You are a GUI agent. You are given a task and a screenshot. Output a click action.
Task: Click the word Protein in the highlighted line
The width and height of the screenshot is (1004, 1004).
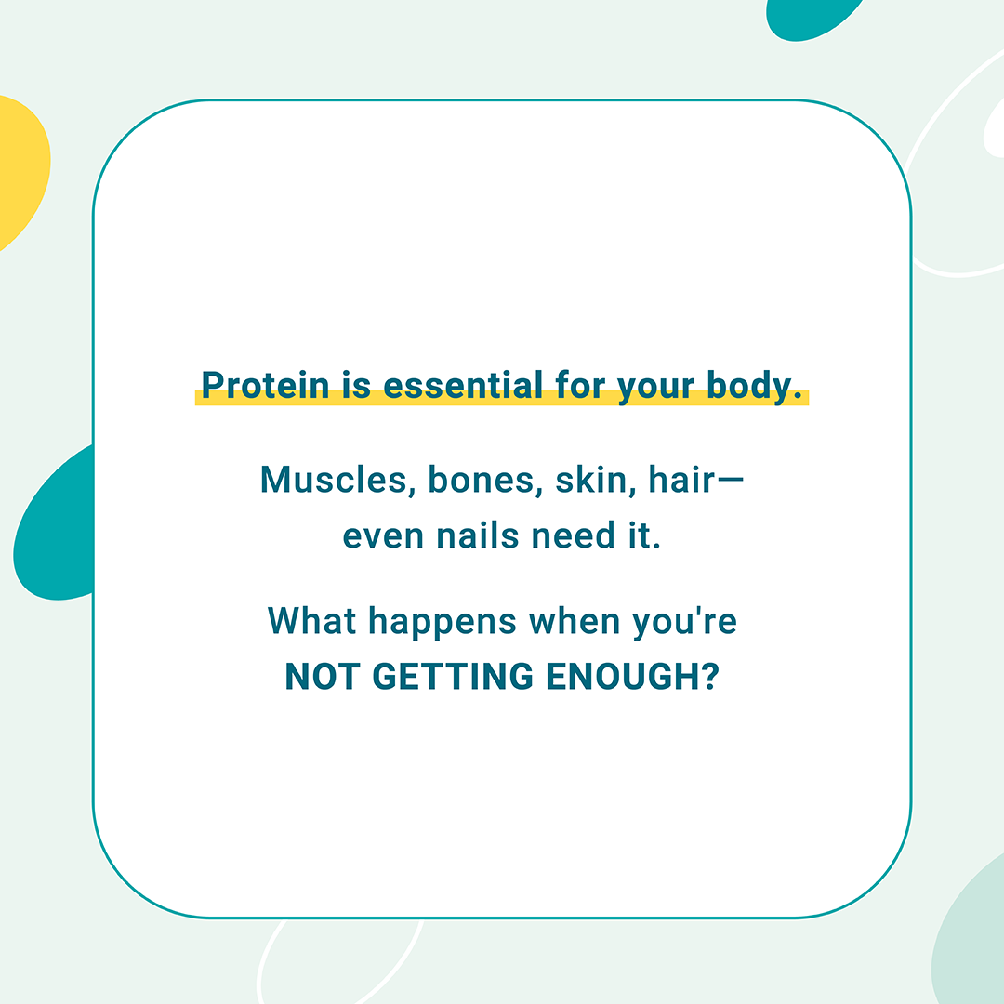[x=265, y=385]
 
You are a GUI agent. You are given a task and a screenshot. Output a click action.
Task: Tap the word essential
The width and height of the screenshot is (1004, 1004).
[x=463, y=385]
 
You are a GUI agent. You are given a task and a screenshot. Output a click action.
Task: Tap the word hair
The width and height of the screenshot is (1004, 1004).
[x=681, y=480]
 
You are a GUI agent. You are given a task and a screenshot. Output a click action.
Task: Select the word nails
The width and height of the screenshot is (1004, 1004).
[x=477, y=535]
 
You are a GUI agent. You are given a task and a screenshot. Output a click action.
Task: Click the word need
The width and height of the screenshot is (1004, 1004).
[x=573, y=535]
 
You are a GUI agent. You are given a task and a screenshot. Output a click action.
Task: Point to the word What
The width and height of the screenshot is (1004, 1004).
[x=311, y=620]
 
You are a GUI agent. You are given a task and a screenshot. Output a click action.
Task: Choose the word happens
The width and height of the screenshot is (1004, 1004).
[x=442, y=623]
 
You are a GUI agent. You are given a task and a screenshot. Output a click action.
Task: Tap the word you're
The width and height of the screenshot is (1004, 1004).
[x=684, y=623]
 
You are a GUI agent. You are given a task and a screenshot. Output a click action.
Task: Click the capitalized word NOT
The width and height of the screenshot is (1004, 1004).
[x=322, y=676]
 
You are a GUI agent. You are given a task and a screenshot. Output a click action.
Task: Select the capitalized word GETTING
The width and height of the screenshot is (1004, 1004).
[x=453, y=676]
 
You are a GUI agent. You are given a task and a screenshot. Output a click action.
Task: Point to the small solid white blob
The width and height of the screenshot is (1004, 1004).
[x=995, y=128]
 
